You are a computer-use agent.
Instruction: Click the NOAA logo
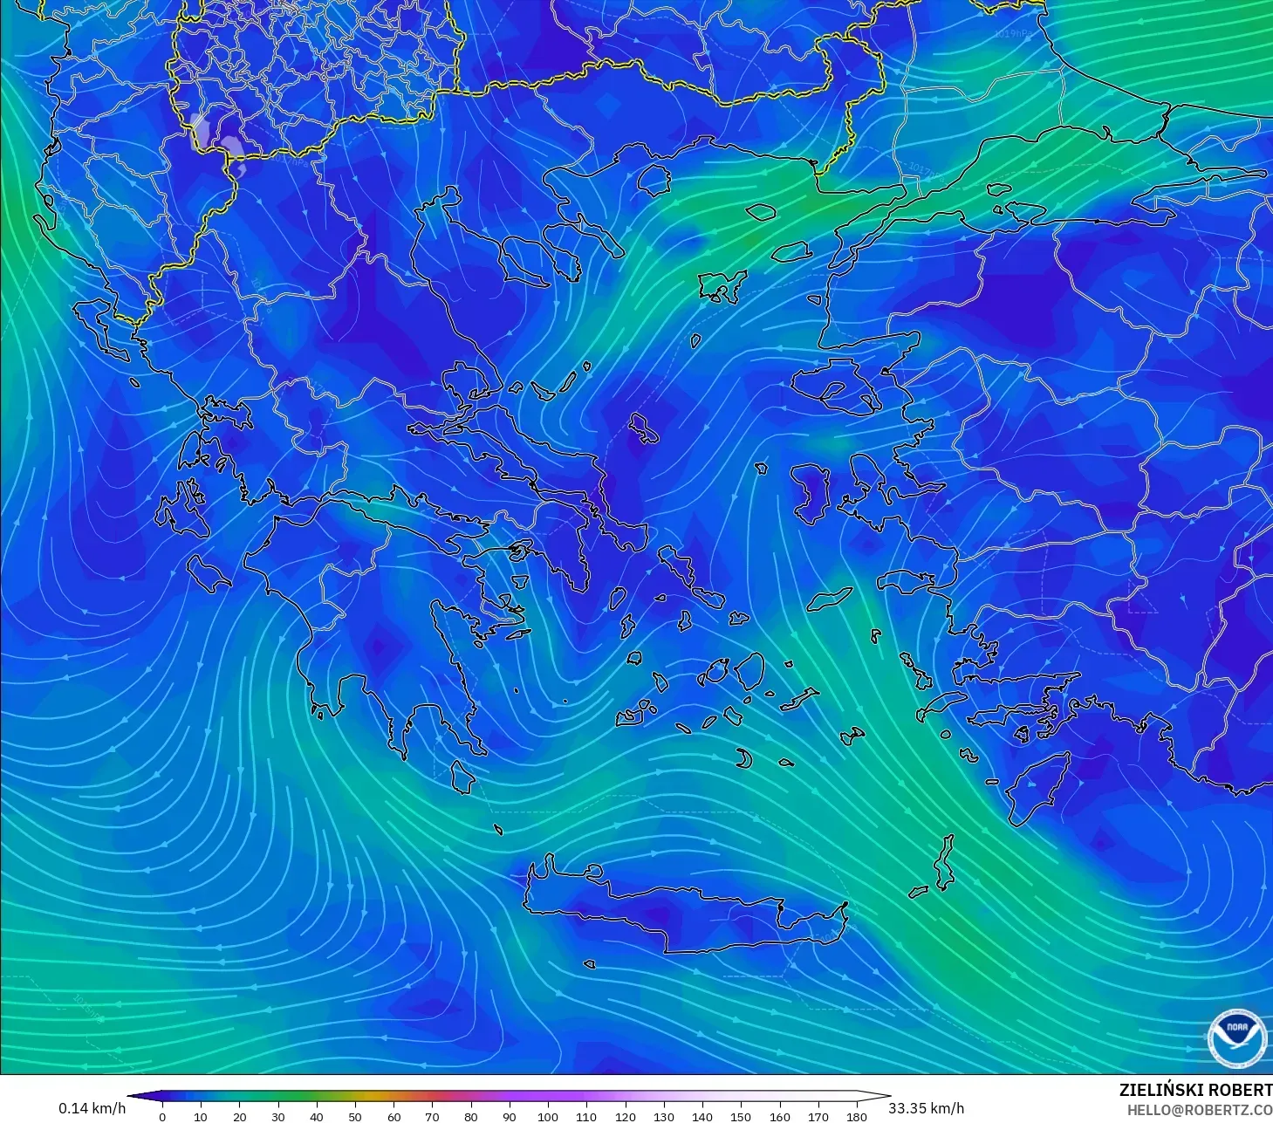(1236, 1037)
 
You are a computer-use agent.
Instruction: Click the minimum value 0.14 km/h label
(92, 1108)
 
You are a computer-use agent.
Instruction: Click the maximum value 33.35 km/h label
(926, 1108)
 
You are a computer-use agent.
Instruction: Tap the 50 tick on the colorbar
(355, 1116)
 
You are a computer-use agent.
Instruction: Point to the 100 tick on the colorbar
(548, 1116)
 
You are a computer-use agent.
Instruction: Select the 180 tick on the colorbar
(857, 1116)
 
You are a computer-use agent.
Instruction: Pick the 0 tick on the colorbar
(162, 1116)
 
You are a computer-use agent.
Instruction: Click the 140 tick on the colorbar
(702, 1116)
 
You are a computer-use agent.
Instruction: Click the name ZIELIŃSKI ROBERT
(1195, 1090)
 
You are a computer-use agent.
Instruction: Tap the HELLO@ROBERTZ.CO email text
(1200, 1110)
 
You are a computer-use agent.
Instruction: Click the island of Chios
(812, 494)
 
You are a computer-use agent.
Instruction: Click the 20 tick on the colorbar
(240, 1116)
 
